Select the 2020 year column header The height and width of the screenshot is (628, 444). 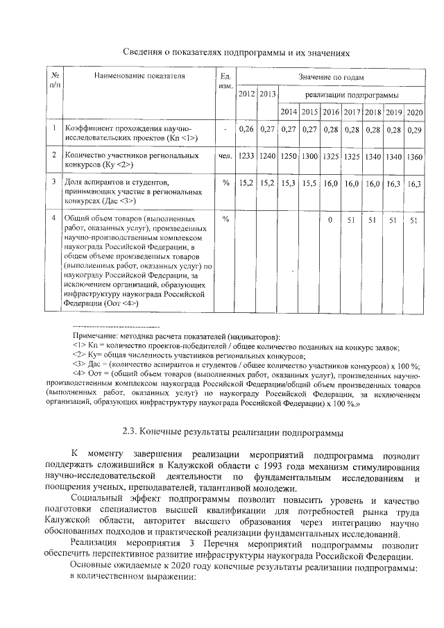[x=415, y=112]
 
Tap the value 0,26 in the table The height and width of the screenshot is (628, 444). [x=246, y=129]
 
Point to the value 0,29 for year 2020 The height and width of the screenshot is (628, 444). [x=415, y=129]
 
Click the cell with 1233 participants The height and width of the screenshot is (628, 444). [x=246, y=156]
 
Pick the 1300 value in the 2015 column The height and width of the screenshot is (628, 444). [x=310, y=156]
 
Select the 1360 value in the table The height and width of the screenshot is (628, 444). [x=415, y=156]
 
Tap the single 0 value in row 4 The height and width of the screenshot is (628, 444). [x=330, y=220]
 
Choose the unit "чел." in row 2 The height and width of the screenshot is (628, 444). [x=224, y=156]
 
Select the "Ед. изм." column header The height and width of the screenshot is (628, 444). [x=224, y=80]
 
